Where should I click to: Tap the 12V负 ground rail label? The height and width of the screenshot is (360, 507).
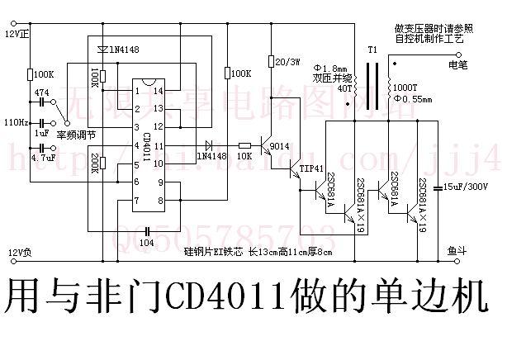point(17,251)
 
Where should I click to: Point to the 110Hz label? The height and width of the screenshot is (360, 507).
point(15,121)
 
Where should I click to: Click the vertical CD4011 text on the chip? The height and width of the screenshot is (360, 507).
point(147,149)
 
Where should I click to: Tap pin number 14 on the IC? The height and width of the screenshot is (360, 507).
point(157,90)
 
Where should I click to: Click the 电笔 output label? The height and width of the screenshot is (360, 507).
point(457,63)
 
